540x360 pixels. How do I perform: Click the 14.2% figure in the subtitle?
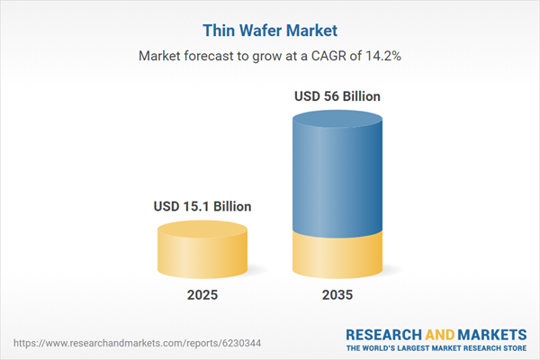tap(382, 55)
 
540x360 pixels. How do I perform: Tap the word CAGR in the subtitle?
tap(337, 55)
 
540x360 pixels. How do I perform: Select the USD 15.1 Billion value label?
tap(202, 207)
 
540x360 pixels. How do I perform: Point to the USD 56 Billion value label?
tap(337, 95)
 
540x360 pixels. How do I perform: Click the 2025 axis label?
tap(202, 295)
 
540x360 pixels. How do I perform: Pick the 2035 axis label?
tap(337, 295)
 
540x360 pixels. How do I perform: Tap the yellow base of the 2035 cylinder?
tap(337, 256)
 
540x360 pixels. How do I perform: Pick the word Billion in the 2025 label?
tap(228, 207)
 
